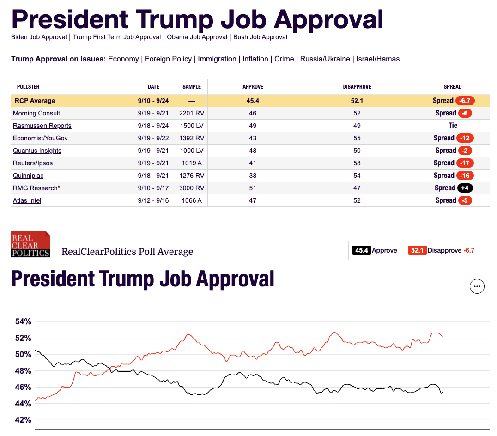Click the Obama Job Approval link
click(197, 37)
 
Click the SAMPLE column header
click(192, 87)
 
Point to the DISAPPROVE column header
click(357, 87)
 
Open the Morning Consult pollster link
click(36, 113)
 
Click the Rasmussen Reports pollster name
click(42, 126)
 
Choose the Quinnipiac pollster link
click(28, 176)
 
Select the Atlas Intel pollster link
click(27, 200)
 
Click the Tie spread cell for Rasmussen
click(453, 126)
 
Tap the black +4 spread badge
click(465, 188)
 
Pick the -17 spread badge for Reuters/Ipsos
click(465, 163)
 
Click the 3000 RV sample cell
click(192, 188)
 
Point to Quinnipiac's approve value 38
click(253, 176)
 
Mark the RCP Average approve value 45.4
click(253, 101)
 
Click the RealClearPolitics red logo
click(30, 244)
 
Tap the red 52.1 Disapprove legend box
click(417, 250)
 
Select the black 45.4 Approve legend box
click(361, 250)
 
